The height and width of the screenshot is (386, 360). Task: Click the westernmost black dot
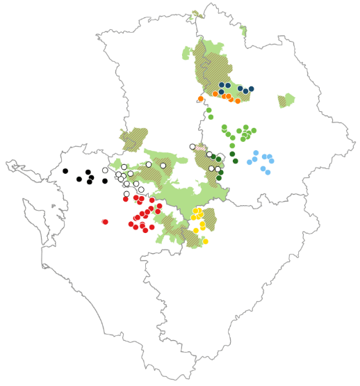[65, 171]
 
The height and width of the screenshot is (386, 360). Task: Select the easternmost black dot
[105, 181]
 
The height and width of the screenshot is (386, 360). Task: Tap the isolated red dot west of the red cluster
[105, 222]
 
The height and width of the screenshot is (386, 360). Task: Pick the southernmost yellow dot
[205, 241]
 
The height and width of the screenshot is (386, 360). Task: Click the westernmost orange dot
[201, 99]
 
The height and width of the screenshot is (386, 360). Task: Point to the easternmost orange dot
[238, 101]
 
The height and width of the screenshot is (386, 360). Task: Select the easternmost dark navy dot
[252, 89]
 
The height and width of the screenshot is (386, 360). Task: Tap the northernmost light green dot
[208, 110]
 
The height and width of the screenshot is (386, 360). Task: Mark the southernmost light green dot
[232, 145]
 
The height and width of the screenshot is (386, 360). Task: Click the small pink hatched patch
[201, 148]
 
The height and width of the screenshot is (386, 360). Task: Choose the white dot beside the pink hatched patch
[193, 146]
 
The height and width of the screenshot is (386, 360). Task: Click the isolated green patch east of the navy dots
[286, 100]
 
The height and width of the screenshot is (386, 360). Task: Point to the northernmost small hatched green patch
[198, 13]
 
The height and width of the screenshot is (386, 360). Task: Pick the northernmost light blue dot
[256, 153]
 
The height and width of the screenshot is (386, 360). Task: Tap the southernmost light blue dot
[268, 172]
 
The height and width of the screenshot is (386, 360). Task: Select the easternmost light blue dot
[272, 161]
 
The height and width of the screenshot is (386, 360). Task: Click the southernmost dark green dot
[219, 178]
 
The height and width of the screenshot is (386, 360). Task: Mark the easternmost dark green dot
[236, 161]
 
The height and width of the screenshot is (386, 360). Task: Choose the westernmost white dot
[105, 170]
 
